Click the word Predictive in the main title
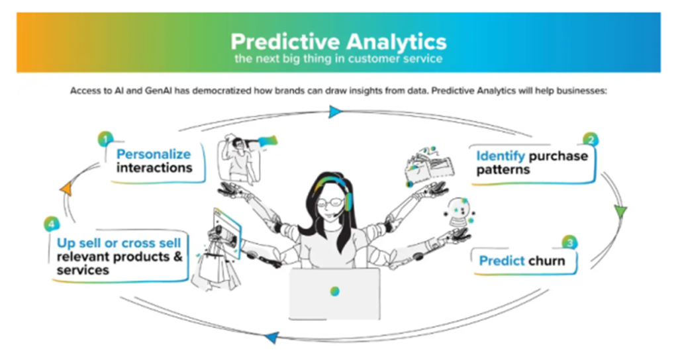pos(285,42)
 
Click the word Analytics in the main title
pos(396,42)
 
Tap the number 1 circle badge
pos(105,139)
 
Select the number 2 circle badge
pos(590,140)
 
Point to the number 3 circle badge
pos(569,243)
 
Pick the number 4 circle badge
pos(52,224)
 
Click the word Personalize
pos(154,154)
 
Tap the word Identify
pos(501,156)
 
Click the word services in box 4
pos(83,271)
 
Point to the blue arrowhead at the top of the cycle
pos(334,111)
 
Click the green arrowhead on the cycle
pos(620,211)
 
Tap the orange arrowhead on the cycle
pos(66,189)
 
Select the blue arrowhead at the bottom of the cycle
pos(271,337)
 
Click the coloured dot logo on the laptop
pos(334,291)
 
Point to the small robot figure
pos(460,212)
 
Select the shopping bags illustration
pos(215,268)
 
